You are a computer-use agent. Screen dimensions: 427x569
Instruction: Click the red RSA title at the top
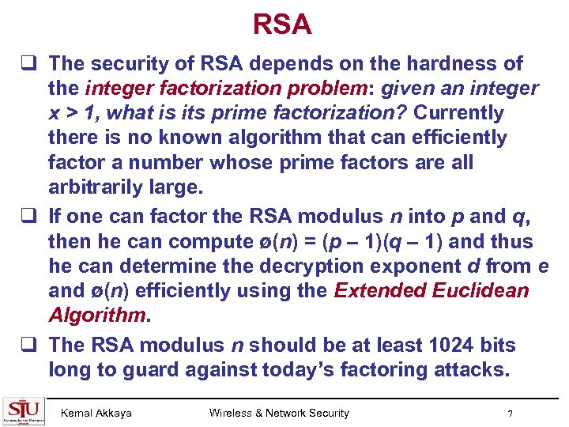click(x=283, y=25)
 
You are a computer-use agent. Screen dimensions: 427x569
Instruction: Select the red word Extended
click(x=381, y=290)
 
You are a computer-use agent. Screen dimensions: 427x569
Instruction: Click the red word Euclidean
click(x=482, y=290)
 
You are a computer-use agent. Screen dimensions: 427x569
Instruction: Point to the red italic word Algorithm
click(x=97, y=316)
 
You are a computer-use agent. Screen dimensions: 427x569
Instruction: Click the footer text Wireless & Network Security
click(x=279, y=413)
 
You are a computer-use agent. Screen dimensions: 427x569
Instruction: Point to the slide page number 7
click(x=511, y=414)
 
